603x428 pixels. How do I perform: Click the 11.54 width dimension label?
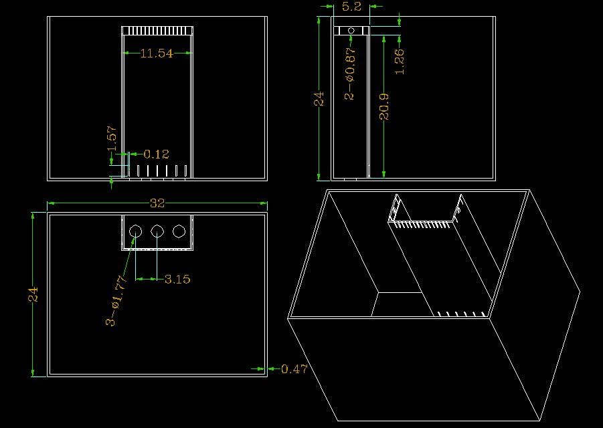157,53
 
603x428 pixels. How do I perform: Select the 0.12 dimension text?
156,154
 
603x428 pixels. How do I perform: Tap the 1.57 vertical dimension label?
112,138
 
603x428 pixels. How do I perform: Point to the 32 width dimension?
157,203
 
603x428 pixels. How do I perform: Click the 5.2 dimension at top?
351,7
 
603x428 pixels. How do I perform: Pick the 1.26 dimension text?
400,61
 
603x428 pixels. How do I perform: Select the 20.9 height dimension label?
384,107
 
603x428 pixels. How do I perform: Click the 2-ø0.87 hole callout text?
350,74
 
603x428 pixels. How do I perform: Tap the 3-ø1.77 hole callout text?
116,301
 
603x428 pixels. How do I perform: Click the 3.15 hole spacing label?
177,280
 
